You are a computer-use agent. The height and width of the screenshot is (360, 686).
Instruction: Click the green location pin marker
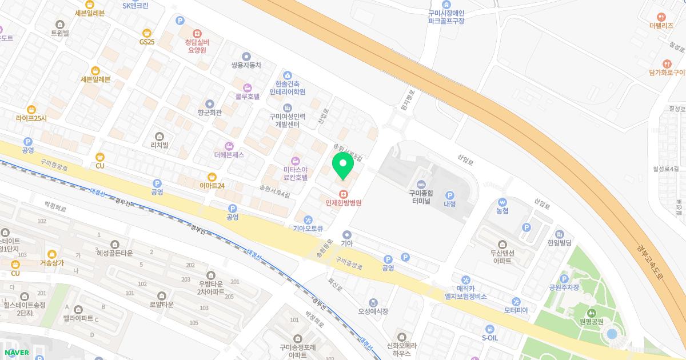tap(343, 165)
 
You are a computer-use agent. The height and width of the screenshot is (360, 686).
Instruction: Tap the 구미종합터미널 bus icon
tap(422, 183)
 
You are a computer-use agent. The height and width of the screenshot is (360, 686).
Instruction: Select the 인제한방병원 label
tap(344, 202)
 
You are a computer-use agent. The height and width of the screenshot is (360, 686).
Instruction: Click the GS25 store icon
tap(147, 32)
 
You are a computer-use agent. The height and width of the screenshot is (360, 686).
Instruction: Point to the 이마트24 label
tap(212, 186)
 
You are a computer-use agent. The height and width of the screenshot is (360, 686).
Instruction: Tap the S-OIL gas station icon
tap(489, 329)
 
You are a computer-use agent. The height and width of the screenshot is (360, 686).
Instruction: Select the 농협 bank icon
tap(502, 202)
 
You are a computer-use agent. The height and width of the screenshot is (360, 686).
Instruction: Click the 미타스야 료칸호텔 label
tap(296, 173)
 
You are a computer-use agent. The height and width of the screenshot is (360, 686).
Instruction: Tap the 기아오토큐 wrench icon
tap(308, 220)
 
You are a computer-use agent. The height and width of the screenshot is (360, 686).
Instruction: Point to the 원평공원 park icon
tap(591, 312)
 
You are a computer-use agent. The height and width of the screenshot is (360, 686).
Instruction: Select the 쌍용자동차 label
tap(246, 65)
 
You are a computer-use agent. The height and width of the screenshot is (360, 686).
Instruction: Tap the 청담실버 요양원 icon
tap(197, 33)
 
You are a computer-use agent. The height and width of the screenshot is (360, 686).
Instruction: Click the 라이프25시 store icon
tap(31, 109)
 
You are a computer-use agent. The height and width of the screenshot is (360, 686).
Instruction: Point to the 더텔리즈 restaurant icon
tap(662, 17)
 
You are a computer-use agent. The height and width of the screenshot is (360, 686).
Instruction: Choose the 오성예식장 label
tap(373, 311)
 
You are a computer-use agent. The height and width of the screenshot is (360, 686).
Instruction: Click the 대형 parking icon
tap(449, 195)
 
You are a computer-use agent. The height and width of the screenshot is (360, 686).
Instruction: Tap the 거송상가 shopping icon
tap(52, 254)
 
